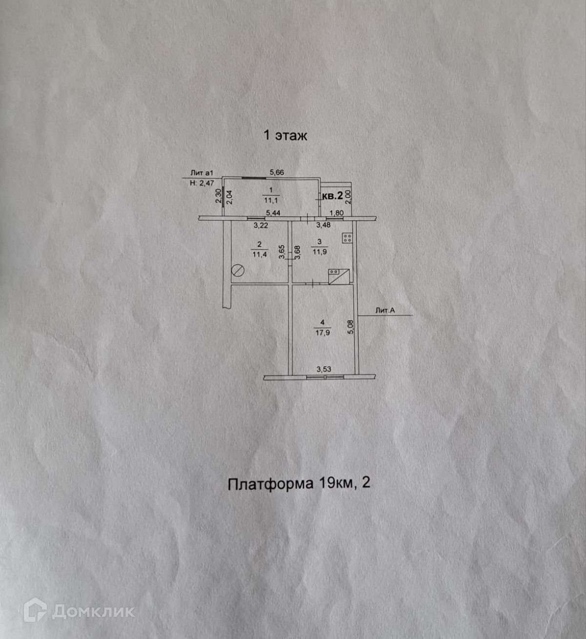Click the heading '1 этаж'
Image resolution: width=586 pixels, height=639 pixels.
click(285, 135)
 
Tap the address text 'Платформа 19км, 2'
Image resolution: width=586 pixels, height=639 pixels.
click(299, 483)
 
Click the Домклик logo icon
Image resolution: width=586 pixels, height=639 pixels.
click(35, 610)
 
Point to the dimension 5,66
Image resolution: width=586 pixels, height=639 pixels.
click(277, 172)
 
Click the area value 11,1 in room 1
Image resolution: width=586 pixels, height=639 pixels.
click(271, 200)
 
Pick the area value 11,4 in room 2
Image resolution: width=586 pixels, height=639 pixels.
click(259, 254)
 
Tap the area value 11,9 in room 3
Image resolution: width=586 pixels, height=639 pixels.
click(320, 251)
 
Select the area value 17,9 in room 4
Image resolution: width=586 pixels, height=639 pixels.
click(322, 332)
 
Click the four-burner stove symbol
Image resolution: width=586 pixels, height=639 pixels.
click(348, 238)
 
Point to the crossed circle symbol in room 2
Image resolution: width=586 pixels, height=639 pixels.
click(238, 270)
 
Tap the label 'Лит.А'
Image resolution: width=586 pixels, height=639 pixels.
click(385, 310)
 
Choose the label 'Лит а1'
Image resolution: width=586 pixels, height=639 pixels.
click(202, 173)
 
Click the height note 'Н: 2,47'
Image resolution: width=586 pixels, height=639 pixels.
click(202, 183)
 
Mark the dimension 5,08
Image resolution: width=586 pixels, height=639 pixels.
click(350, 327)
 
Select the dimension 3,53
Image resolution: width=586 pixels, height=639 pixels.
click(324, 370)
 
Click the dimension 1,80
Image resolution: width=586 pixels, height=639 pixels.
click(336, 213)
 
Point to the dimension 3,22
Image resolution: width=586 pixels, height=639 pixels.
click(261, 225)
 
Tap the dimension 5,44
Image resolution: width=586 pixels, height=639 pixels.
click(273, 213)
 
